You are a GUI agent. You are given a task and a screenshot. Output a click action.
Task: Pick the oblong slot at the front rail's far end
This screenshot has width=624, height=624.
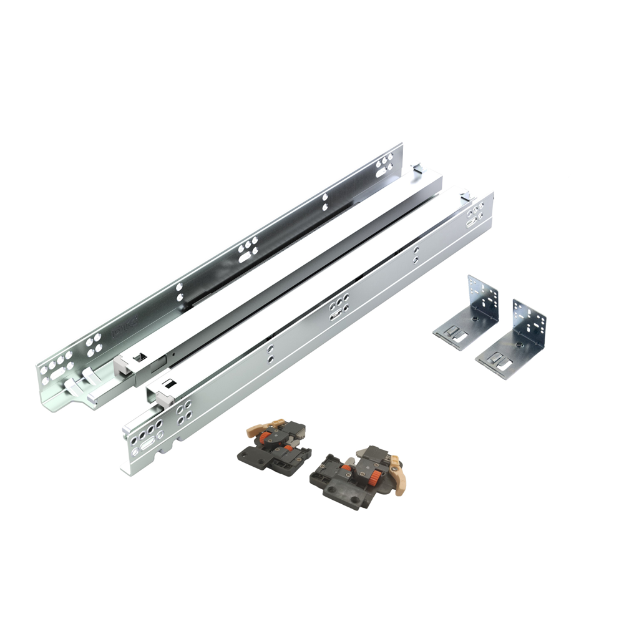click(x=475, y=216)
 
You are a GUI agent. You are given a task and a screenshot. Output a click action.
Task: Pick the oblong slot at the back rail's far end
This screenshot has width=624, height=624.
click(x=383, y=165)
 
